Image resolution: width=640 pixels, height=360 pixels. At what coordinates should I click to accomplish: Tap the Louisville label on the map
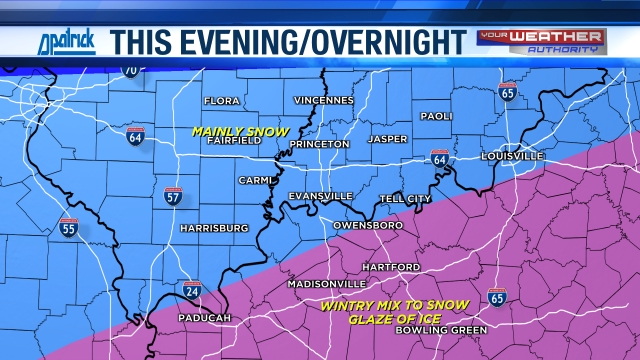tap(511, 157)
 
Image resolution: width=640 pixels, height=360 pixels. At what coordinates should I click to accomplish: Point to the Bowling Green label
tap(441, 330)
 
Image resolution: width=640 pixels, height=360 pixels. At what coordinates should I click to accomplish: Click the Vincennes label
tap(323, 101)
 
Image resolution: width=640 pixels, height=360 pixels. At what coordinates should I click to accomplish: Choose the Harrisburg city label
tap(214, 228)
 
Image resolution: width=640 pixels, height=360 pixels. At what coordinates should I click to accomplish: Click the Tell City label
tap(407, 198)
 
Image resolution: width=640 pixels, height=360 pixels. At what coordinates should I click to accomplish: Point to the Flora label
tap(222, 101)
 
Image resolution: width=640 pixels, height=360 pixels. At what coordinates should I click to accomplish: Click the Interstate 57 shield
tap(172, 195)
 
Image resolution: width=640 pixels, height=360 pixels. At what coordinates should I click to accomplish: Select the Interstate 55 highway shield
tap(68, 227)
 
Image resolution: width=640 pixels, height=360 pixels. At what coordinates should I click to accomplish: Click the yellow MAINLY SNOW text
tap(241, 131)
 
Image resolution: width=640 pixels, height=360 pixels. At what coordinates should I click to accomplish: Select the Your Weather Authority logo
tap(541, 40)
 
